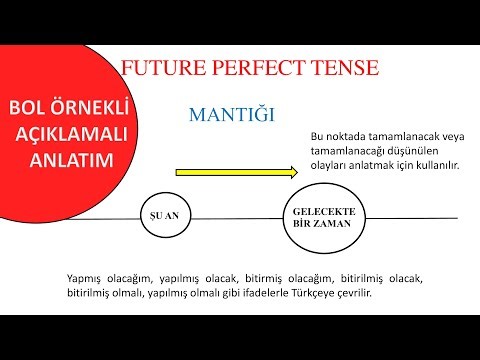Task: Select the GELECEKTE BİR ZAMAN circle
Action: [316, 216]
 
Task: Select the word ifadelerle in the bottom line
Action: [266, 293]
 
